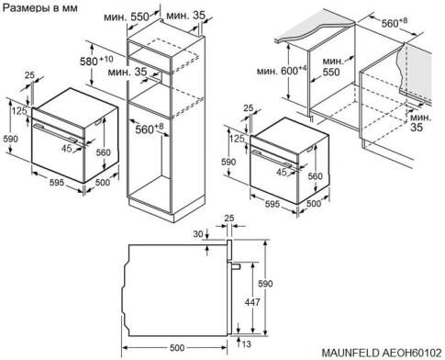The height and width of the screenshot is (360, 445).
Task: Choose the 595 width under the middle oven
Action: coord(268,203)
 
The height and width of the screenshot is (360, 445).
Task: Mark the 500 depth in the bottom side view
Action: coord(178,347)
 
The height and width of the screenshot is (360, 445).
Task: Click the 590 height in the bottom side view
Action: coord(266,284)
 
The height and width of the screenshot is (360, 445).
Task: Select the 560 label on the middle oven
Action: coord(315,176)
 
